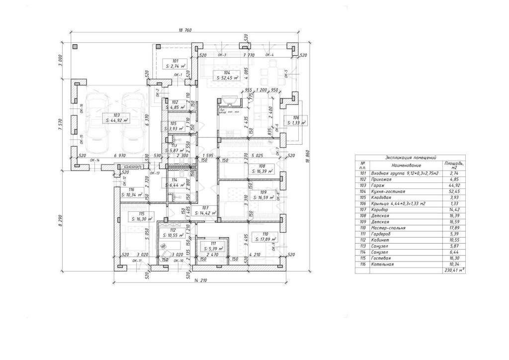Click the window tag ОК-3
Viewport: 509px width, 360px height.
click(222, 55)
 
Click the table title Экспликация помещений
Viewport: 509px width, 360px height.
click(411, 157)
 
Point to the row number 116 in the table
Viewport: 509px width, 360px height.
click(363, 264)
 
